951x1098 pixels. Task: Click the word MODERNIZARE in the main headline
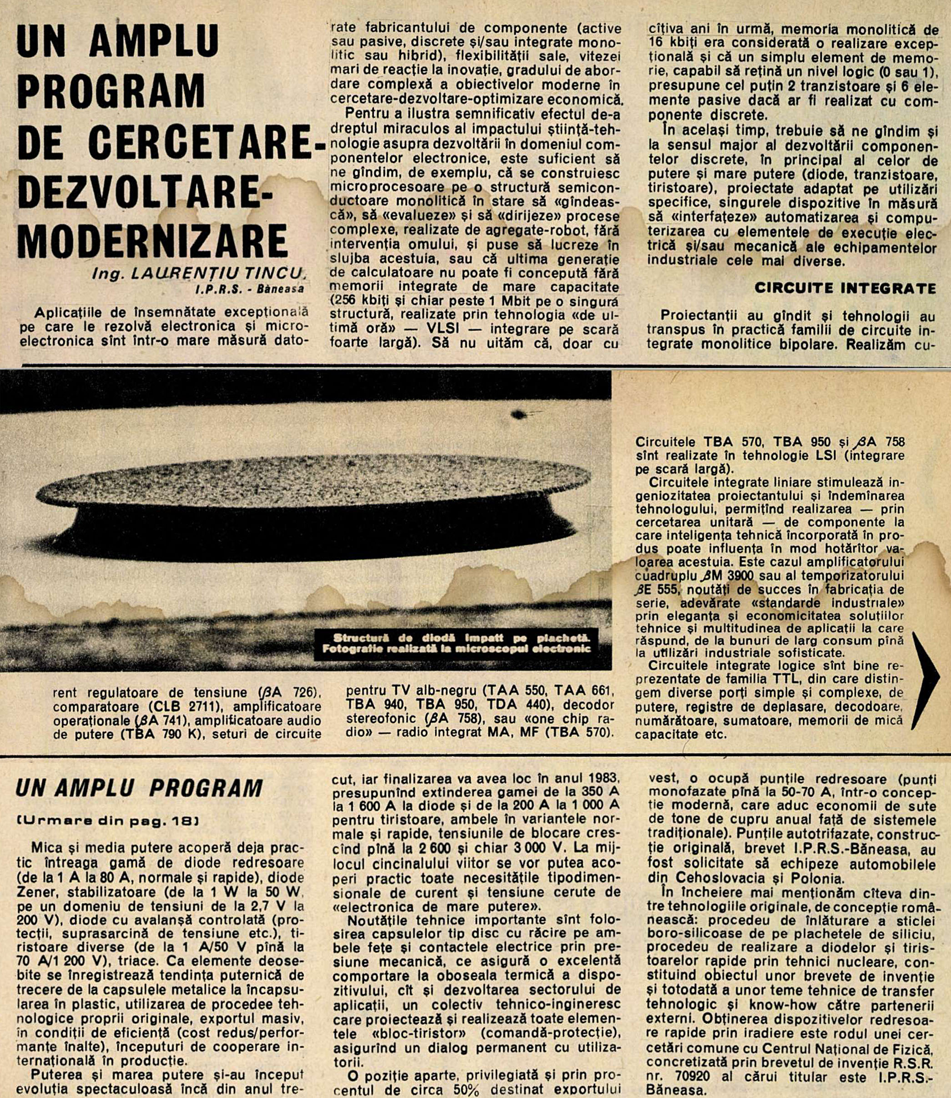[x=153, y=242]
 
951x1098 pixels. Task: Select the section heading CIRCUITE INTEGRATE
[x=845, y=288]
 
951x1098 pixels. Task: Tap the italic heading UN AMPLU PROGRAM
[x=139, y=789]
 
